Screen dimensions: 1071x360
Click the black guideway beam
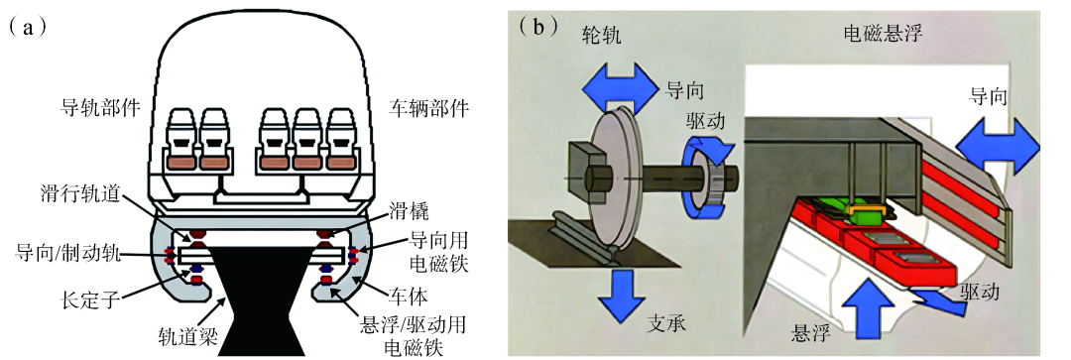tap(256, 300)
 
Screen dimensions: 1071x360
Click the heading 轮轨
tap(602, 36)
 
